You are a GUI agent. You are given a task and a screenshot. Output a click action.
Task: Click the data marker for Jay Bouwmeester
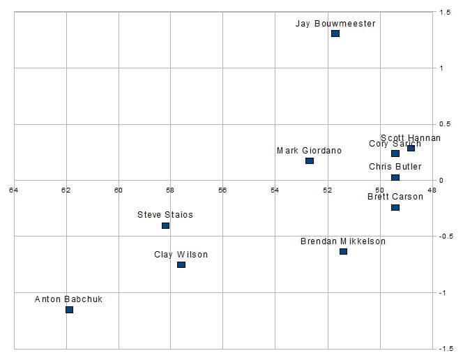point(335,33)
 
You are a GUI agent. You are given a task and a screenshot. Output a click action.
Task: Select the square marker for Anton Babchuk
point(69,310)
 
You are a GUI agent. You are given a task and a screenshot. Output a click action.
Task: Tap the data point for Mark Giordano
point(310,161)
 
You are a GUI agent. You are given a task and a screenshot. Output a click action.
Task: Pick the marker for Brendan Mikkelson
point(343,251)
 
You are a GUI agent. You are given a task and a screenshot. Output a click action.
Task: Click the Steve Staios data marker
point(165,225)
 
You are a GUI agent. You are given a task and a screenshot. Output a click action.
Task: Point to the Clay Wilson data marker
point(181,264)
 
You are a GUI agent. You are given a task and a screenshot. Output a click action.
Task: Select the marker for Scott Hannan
point(411,148)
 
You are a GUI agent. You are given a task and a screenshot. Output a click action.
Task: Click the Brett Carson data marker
point(395,207)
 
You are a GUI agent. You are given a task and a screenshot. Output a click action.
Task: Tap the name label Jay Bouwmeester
point(335,24)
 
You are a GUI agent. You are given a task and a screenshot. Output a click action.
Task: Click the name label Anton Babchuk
point(68,299)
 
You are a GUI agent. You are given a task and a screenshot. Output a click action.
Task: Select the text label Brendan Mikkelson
point(343,241)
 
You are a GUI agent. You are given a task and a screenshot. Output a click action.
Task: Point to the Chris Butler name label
point(395,167)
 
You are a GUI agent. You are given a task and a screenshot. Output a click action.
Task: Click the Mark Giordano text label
point(310,151)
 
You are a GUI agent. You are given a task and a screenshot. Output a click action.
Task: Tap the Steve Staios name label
point(165,215)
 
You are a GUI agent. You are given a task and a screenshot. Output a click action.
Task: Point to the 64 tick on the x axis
point(13,190)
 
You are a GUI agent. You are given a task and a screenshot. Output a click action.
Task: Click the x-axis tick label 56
point(222,190)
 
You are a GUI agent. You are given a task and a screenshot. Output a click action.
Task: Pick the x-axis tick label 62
point(66,190)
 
